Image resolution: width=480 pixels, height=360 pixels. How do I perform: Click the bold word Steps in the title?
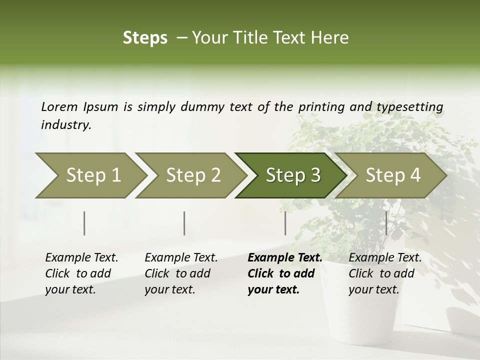[145, 38]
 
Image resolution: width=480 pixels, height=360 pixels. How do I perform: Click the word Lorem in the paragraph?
[59, 106]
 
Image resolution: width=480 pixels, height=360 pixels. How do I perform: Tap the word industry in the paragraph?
[66, 125]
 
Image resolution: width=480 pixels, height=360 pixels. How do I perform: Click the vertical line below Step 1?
[84, 223]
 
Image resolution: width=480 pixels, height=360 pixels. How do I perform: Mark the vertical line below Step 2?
[184, 223]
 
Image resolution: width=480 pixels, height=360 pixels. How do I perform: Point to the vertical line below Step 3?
[285, 223]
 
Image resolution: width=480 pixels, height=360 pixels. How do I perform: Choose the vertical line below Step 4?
[386, 223]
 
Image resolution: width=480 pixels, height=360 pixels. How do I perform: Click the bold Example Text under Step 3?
[285, 258]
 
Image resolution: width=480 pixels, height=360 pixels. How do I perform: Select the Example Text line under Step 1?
[81, 258]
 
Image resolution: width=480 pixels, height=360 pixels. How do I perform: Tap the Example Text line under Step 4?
[385, 258]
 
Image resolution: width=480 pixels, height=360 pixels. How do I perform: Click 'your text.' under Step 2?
[169, 289]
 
